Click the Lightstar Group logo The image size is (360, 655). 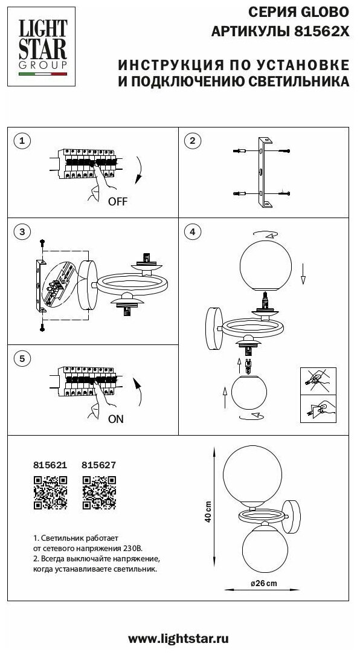point(42,47)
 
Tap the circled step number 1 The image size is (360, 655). point(22,141)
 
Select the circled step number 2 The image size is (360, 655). point(192,141)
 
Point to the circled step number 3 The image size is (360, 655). point(22,232)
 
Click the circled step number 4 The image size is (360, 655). point(192,232)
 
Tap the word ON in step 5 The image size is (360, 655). point(116,419)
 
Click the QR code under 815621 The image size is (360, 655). point(50,492)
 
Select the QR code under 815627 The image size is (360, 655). point(99,492)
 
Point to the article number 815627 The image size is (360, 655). point(99,465)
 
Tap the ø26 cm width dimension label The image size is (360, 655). point(263,584)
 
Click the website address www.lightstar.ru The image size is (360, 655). point(178,639)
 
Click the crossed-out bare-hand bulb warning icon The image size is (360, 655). point(318,381)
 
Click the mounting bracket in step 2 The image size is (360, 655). point(264,172)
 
